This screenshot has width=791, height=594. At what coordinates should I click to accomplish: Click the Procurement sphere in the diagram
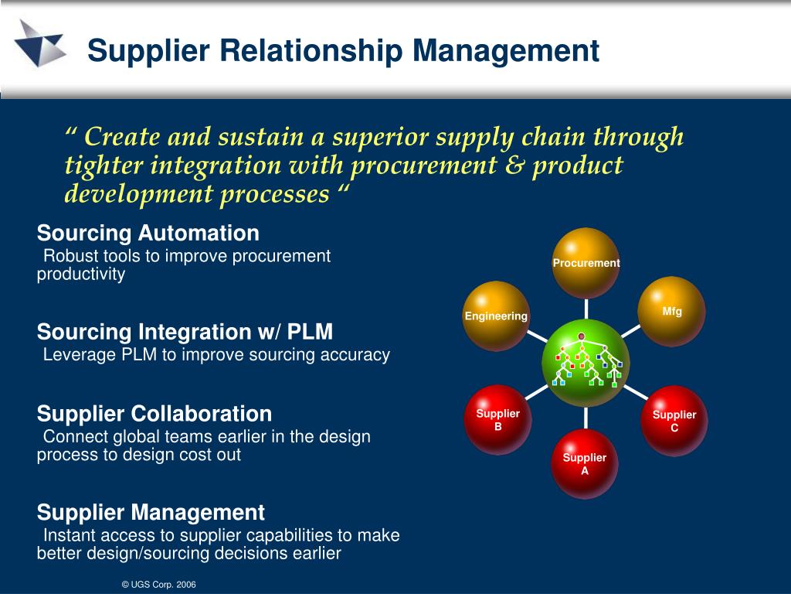click(x=586, y=263)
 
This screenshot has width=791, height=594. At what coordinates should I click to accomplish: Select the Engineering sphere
click(x=496, y=316)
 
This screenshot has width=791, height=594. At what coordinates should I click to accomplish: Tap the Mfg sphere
click(x=673, y=311)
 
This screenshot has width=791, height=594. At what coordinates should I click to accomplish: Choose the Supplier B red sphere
click(x=498, y=419)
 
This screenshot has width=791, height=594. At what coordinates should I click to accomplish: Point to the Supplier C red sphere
click(x=674, y=420)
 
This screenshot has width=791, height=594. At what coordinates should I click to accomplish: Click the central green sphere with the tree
click(x=586, y=363)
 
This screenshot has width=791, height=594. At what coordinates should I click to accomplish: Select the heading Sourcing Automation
click(x=148, y=233)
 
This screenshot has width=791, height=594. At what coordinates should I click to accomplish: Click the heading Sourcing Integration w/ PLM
click(x=185, y=332)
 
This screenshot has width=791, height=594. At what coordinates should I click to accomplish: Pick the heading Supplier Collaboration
click(x=154, y=413)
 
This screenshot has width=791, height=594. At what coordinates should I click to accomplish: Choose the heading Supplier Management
click(x=151, y=512)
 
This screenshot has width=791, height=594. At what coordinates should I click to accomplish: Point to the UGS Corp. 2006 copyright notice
click(x=159, y=585)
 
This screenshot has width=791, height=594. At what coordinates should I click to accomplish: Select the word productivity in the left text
click(x=81, y=275)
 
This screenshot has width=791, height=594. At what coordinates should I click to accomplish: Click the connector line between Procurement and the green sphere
click(x=586, y=309)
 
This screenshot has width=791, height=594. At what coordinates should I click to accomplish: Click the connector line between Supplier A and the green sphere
click(x=586, y=418)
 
